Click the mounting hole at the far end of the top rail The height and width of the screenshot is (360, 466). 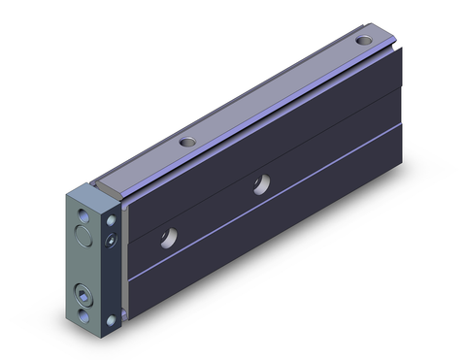point(363,42)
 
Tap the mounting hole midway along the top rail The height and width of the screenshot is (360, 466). point(187,144)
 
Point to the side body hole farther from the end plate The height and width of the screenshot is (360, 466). point(261,183)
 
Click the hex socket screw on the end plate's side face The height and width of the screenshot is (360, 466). point(114,239)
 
